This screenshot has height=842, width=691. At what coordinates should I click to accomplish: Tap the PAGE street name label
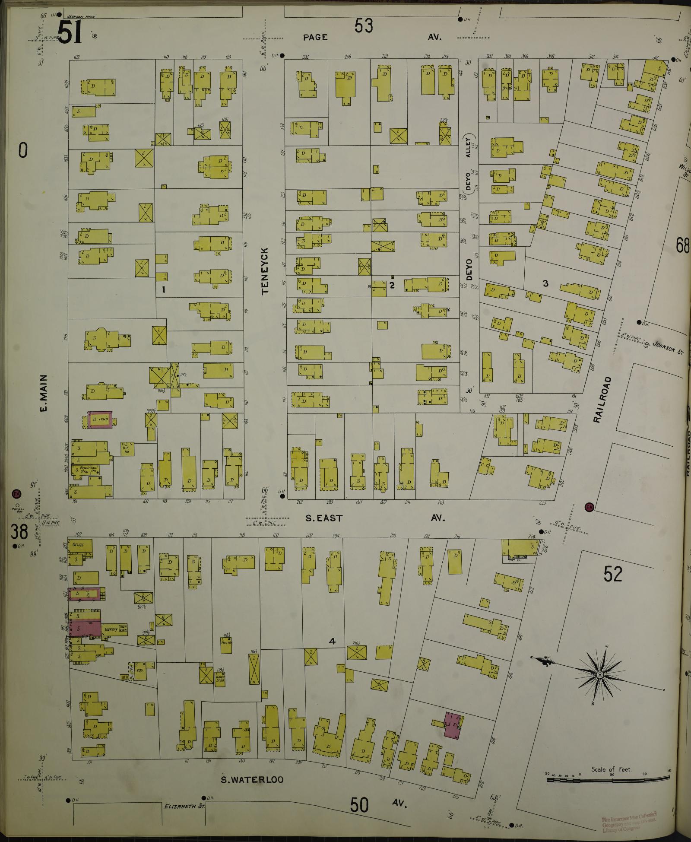315,37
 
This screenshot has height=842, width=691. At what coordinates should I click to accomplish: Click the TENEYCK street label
265,271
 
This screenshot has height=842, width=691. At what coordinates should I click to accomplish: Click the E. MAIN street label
47,393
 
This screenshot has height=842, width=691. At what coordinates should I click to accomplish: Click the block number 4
332,642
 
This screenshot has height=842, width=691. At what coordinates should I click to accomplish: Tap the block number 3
545,283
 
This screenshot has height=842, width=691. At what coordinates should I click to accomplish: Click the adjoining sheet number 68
683,246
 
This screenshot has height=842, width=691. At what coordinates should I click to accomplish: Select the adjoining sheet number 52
613,575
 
